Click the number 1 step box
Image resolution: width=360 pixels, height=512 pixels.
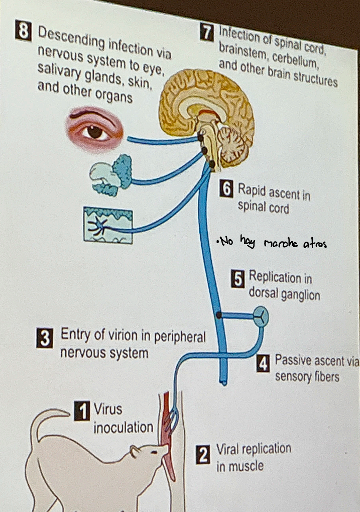(82, 411)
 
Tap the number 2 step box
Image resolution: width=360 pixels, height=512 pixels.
(203, 455)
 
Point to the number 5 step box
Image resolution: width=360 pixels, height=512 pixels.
(238, 279)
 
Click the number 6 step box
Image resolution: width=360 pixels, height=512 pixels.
(226, 189)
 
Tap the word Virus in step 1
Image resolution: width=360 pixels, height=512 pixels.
(107, 409)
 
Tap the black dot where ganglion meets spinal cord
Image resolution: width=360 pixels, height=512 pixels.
(219, 315)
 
